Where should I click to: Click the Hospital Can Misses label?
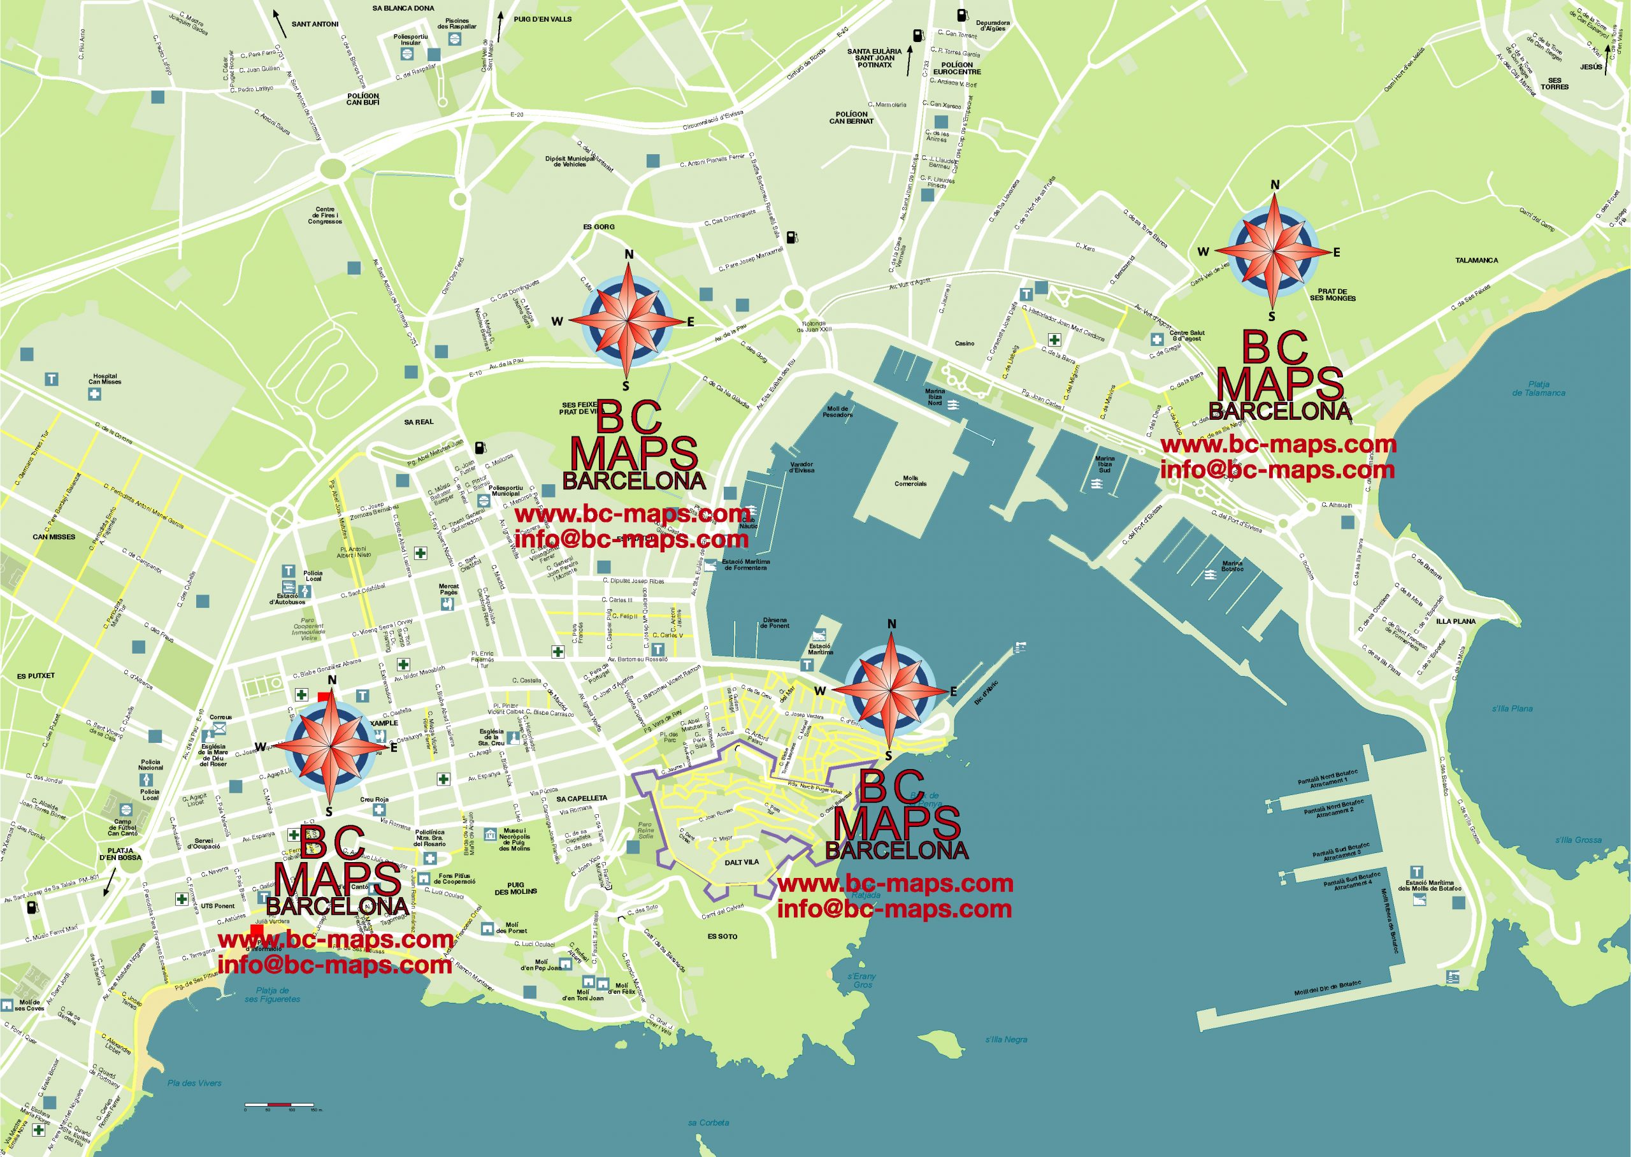tap(104, 379)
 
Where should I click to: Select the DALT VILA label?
tap(742, 862)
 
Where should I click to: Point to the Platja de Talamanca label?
tap(1539, 388)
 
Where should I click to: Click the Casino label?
tap(965, 343)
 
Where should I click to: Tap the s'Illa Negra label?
tap(1005, 1039)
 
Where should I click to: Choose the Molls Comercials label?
tap(910, 481)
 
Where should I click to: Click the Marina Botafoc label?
tap(1232, 566)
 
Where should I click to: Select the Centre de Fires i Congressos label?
tap(325, 215)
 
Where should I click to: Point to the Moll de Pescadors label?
tap(838, 412)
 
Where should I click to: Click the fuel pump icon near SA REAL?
tap(482, 447)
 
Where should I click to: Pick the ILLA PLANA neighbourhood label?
tap(1456, 621)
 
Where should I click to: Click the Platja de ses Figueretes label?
tap(272, 995)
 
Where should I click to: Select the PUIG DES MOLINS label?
tap(515, 888)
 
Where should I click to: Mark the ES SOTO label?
tap(722, 936)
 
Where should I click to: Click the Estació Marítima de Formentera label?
tap(745, 564)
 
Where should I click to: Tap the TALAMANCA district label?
tap(1476, 261)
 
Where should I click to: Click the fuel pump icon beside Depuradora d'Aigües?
tap(962, 13)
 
